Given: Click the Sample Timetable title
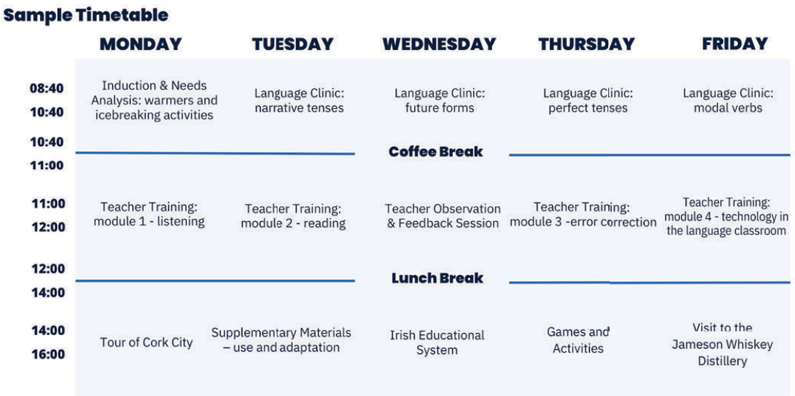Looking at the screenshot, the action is click(x=86, y=15).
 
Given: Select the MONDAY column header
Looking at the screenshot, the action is click(x=141, y=44).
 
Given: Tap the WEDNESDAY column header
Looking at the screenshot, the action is click(x=440, y=44).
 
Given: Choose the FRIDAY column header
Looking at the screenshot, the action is click(x=735, y=44).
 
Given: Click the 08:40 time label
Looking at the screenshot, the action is click(x=46, y=89).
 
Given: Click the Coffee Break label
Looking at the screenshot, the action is click(x=436, y=152).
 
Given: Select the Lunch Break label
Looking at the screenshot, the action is click(x=437, y=278).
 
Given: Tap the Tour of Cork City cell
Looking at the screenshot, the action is click(x=147, y=342).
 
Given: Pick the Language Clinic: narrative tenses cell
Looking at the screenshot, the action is click(x=299, y=101).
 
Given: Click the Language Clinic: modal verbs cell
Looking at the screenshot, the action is click(x=728, y=101).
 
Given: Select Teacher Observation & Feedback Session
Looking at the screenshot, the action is click(x=443, y=216).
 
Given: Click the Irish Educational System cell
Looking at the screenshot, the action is click(x=437, y=342).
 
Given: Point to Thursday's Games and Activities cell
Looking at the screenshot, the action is click(x=578, y=340).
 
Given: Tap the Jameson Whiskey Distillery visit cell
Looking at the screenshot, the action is click(x=723, y=344).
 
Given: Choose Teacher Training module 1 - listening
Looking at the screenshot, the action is click(x=149, y=214).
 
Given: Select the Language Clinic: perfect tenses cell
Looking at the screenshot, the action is click(x=588, y=101).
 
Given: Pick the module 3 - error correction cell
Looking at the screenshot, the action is click(x=583, y=214).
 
